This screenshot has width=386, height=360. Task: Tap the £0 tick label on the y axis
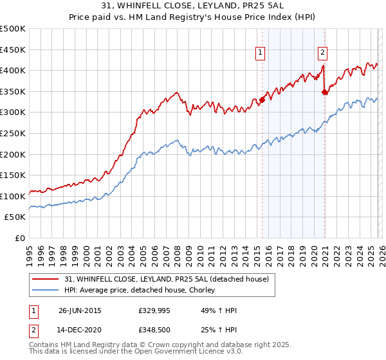tap(21, 238)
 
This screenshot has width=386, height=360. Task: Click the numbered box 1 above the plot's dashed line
tap(261, 53)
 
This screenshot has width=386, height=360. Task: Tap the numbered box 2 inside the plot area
tap(322, 53)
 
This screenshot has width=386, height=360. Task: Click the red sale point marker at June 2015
tap(262, 100)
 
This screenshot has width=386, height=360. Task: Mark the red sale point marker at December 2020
tap(324, 92)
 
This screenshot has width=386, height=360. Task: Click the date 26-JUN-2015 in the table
tap(80, 310)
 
